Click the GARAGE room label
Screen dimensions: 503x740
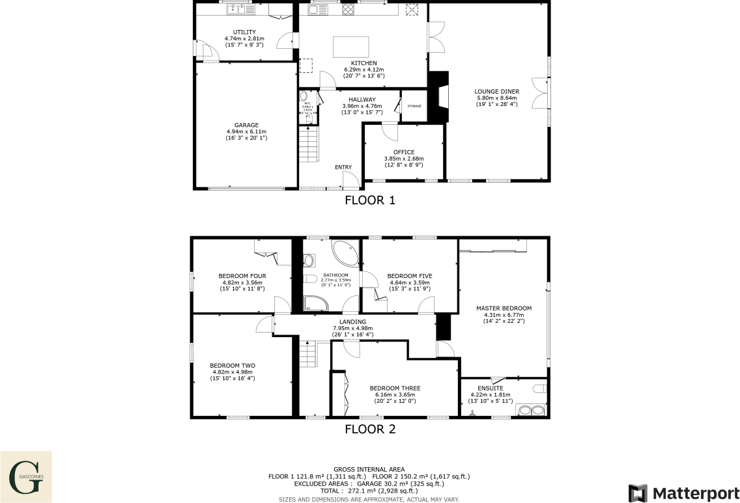(246, 125)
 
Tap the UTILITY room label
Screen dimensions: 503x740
(244, 32)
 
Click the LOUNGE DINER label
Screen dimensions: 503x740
(496, 92)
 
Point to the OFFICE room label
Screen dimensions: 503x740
(403, 152)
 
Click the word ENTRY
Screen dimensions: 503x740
(343, 167)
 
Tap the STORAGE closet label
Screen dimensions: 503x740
(414, 106)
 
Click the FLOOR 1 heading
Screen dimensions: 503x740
(370, 200)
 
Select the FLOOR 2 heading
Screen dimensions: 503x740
(370, 429)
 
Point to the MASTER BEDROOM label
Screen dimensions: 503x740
(504, 308)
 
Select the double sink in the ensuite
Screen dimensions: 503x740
(530, 410)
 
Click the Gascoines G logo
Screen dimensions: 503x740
(25, 477)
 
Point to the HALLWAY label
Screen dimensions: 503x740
(362, 100)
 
